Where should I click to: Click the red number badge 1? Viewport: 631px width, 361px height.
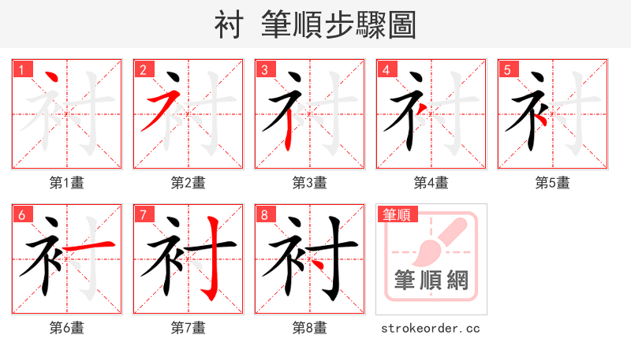click(21, 69)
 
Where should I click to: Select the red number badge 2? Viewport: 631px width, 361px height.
click(143, 69)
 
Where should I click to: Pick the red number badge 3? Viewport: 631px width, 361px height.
click(264, 69)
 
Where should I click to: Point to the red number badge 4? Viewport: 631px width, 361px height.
click(386, 69)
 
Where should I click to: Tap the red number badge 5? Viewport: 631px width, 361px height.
click(507, 69)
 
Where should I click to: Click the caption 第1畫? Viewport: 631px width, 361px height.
click(67, 183)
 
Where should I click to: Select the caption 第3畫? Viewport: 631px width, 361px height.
click(310, 183)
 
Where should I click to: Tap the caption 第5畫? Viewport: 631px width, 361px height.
click(553, 183)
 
